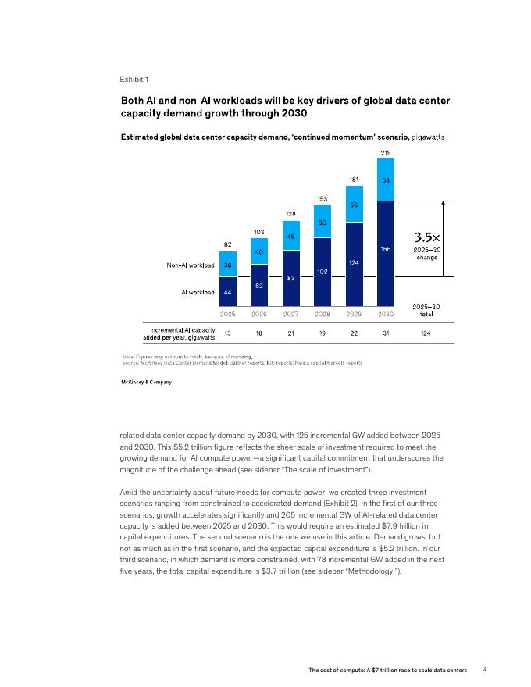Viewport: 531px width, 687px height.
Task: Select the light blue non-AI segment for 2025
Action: [228, 264]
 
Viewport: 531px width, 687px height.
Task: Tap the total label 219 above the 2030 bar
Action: [386, 151]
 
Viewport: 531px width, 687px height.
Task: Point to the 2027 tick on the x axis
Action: [290, 314]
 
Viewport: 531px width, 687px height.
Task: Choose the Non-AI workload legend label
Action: [191, 265]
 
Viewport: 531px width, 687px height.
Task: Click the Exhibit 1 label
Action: [134, 80]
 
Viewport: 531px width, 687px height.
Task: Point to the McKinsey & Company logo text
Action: [146, 382]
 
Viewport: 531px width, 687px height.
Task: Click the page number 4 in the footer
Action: [485, 670]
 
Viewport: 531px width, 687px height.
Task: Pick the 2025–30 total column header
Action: [427, 311]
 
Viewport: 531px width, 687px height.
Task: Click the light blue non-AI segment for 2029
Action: [354, 205]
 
